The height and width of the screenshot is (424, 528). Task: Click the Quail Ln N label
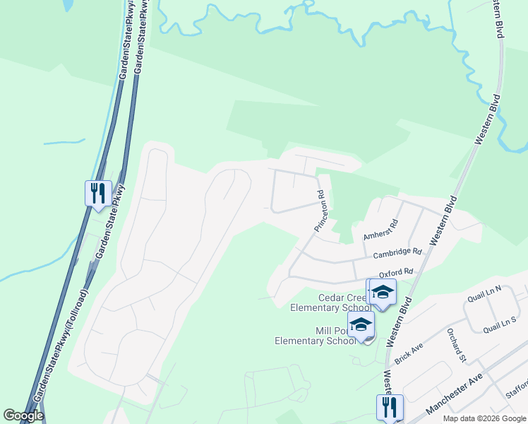tap(484, 293)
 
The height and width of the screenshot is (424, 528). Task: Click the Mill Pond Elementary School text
tap(316, 336)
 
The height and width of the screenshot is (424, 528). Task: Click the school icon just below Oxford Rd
tap(383, 292)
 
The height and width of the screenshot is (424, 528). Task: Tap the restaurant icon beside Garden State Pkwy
tap(98, 192)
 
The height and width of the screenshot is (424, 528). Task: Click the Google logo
tap(23, 416)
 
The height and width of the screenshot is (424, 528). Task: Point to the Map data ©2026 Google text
tap(484, 418)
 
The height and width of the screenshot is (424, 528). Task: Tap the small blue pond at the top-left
tap(68, 6)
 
